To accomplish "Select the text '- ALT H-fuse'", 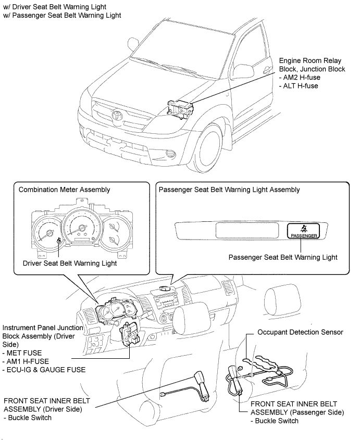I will tap(298, 86).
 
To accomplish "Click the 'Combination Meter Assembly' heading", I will tap(64, 190).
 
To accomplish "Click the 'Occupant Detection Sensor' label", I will tap(300, 332).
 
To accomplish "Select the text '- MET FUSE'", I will tap(22, 353).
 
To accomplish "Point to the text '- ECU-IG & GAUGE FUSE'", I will tap(44, 370).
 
